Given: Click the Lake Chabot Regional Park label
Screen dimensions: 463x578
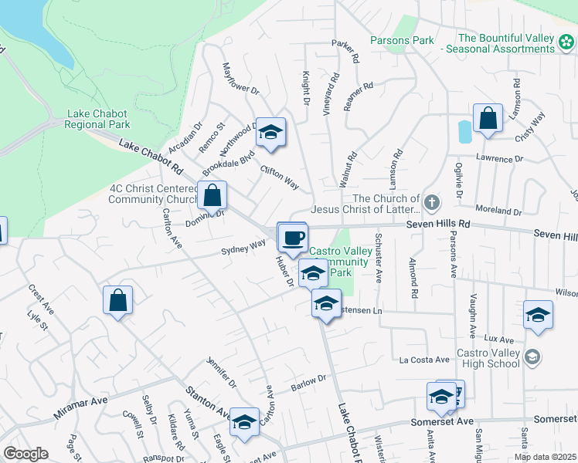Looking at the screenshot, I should tap(97, 118).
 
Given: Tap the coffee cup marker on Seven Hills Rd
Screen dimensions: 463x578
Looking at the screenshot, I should tap(292, 238).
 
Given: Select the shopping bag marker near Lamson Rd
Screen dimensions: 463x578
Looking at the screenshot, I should tap(488, 120).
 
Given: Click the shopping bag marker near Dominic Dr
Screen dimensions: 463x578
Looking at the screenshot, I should tap(212, 196).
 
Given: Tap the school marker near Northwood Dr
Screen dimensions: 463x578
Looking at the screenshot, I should tap(270, 133).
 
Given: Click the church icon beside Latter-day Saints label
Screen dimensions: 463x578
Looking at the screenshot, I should tap(432, 204).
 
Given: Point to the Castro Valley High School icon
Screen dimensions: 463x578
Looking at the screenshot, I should tap(532, 357).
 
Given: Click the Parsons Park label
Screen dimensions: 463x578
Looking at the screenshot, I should tap(402, 39).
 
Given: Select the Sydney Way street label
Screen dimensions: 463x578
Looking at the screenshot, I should tap(243, 247).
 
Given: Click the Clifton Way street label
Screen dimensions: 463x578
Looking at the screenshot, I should tap(279, 177).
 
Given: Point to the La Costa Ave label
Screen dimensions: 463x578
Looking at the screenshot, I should tap(424, 360).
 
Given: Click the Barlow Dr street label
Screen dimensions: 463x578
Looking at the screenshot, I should tap(308, 382).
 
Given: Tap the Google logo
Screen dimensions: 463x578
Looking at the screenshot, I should tap(25, 454).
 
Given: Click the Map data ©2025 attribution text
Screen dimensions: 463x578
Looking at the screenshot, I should tap(545, 457).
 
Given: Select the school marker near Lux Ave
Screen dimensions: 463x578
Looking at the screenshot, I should tap(538, 316).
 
